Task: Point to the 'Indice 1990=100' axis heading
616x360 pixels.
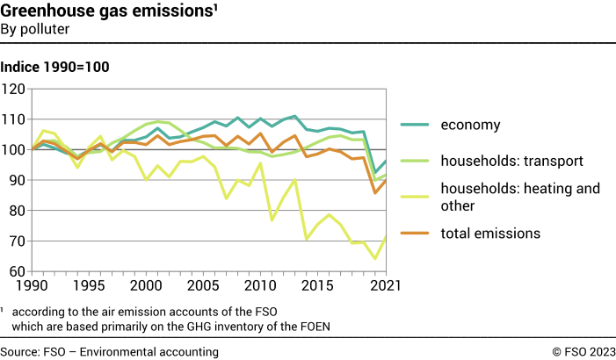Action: tap(54, 67)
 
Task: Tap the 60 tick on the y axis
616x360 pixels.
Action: tap(16, 271)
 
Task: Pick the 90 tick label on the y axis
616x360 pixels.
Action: tap(16, 180)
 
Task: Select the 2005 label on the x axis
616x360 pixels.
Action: tap(202, 287)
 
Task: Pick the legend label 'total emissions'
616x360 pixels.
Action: tap(490, 233)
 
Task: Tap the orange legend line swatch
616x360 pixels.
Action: tap(416, 233)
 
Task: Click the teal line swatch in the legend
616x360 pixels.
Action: tap(416, 125)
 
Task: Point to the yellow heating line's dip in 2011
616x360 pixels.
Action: tap(272, 220)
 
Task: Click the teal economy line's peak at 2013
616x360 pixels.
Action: tap(294, 116)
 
